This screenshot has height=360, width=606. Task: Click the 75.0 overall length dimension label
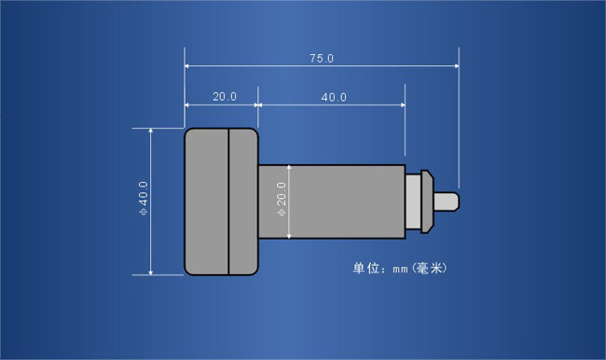click(322, 59)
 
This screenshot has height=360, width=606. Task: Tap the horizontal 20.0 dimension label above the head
click(225, 97)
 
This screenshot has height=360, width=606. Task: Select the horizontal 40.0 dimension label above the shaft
click(334, 97)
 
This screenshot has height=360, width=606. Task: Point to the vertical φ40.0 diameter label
click(144, 198)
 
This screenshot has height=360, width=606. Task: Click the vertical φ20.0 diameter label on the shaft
click(282, 200)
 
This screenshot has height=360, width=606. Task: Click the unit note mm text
click(400, 269)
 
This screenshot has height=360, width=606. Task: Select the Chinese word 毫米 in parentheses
click(430, 268)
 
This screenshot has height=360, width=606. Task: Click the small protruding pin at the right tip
click(447, 201)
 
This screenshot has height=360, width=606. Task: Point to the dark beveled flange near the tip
click(427, 201)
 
